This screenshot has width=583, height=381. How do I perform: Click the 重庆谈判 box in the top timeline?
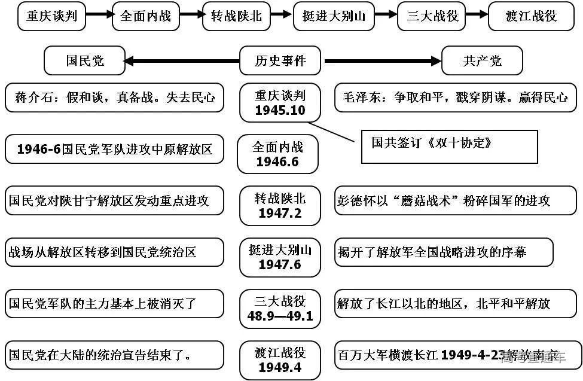[x=51, y=16]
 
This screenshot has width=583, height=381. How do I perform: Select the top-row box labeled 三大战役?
[x=432, y=16]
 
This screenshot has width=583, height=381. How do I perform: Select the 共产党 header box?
[x=482, y=61]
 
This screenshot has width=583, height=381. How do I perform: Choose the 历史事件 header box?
[x=280, y=61]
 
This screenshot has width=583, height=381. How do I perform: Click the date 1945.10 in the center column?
[x=280, y=111]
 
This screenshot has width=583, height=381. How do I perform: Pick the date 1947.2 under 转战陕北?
[x=280, y=214]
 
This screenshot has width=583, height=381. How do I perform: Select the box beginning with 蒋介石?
[x=114, y=97]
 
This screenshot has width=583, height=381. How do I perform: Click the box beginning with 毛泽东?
[x=456, y=97]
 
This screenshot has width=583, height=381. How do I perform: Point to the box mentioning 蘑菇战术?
[x=456, y=200]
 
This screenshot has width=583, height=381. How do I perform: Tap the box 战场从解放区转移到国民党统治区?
[x=114, y=252]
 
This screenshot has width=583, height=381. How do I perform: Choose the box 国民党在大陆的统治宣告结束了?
[x=114, y=355]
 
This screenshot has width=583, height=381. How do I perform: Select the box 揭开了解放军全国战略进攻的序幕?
[x=444, y=252]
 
